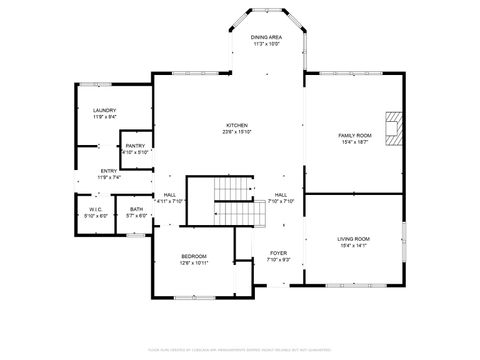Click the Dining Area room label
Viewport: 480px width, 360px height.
coord(266,37)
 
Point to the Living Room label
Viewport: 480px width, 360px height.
coord(353,238)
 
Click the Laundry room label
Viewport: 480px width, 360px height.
coord(104,110)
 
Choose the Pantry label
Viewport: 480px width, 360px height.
coord(135,146)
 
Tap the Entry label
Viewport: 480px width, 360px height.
coord(109,171)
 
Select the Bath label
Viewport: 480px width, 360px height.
coord(135,209)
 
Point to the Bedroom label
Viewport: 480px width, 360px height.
coord(193,256)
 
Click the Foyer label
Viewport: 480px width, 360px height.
coord(278,254)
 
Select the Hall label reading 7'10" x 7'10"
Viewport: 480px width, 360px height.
coord(280,199)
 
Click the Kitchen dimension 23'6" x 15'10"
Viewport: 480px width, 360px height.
coord(236,132)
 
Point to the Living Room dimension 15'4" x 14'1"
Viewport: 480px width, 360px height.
coord(353,244)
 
